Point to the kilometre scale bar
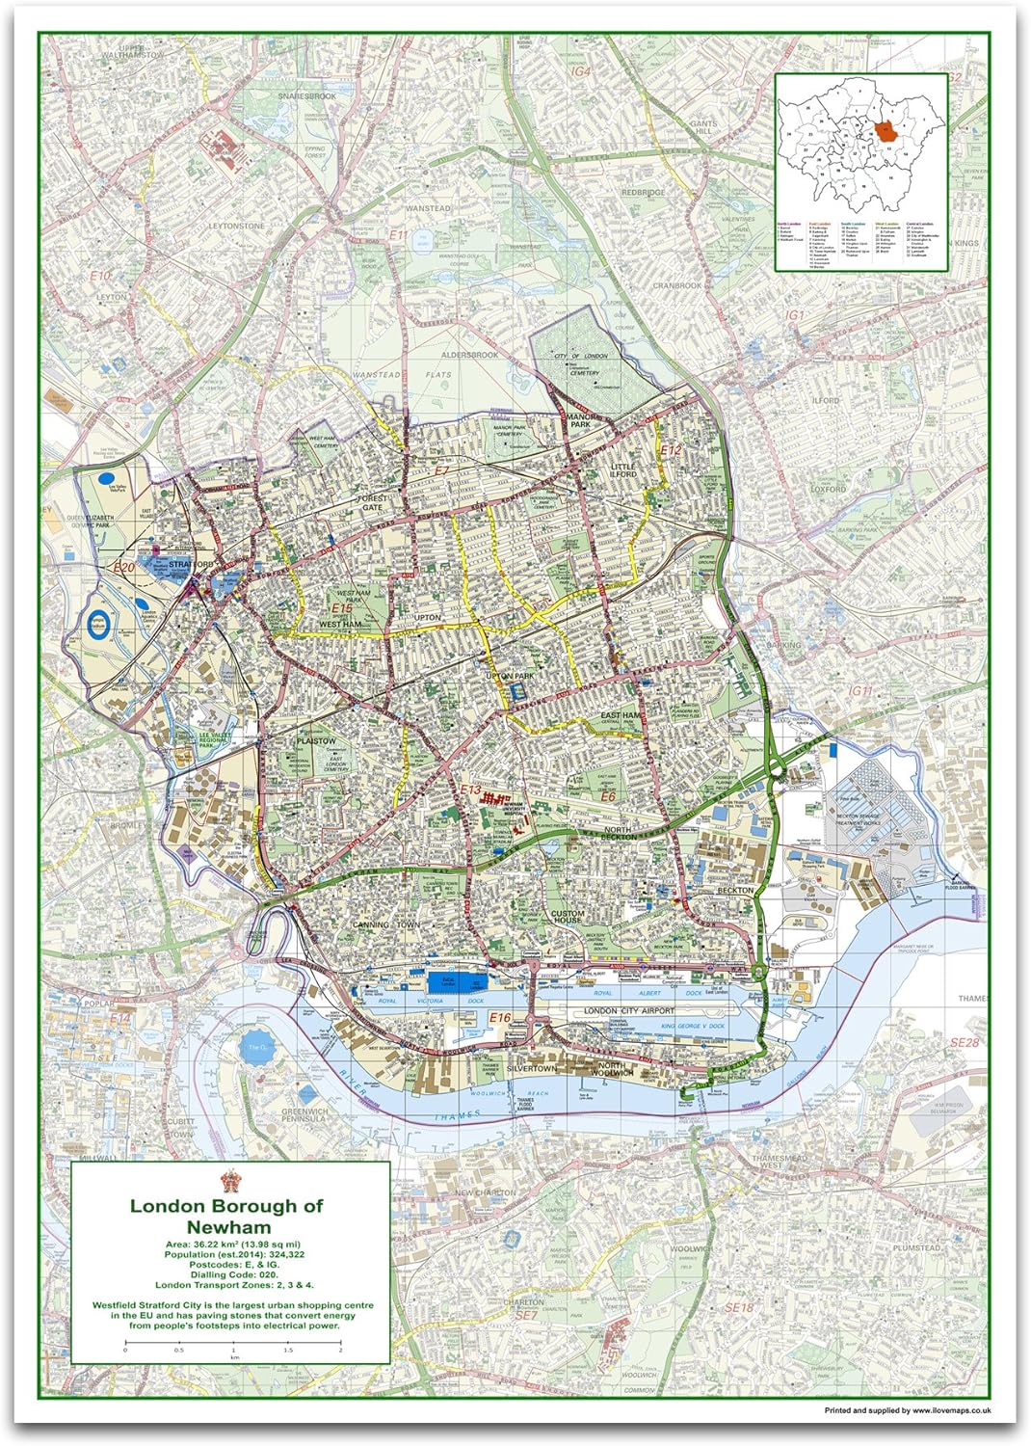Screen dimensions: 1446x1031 coord(232,1342)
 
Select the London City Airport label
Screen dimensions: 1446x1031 coord(629,1010)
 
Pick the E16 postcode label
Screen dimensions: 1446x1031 coord(500,1018)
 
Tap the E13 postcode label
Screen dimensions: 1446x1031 coord(470,790)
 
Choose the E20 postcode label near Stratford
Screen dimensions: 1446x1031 coord(123,568)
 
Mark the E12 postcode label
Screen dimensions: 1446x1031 coord(671,450)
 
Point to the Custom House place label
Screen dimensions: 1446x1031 coord(568,917)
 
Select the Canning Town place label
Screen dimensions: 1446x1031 coord(385,924)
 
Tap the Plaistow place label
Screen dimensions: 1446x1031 coord(316,741)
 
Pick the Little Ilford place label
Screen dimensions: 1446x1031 coord(623,470)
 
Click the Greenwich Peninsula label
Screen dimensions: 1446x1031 coord(304,1115)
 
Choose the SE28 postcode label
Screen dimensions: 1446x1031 coord(964,1043)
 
